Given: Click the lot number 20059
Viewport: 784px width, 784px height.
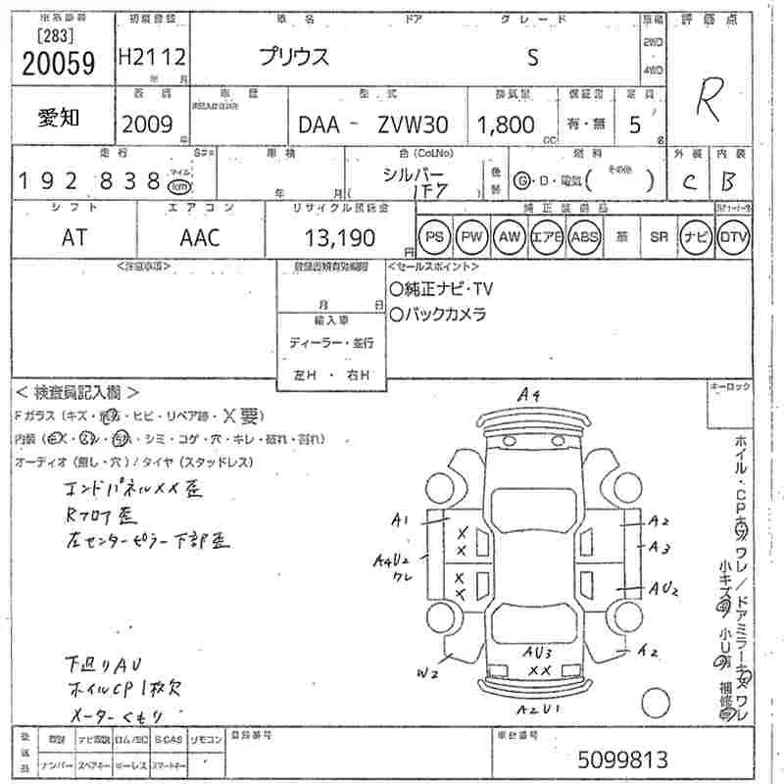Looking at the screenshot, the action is [58, 64].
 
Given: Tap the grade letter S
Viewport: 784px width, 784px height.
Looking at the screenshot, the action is [532, 58].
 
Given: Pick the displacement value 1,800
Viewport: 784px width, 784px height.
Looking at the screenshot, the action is [506, 125].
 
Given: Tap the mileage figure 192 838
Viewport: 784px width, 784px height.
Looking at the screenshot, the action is [89, 180].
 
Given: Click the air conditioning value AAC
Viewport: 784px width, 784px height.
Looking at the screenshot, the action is [200, 236].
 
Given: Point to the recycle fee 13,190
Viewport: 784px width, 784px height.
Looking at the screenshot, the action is [334, 236].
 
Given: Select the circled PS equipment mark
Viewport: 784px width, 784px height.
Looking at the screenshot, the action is [435, 236].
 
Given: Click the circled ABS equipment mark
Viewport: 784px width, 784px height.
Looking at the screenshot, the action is [585, 236].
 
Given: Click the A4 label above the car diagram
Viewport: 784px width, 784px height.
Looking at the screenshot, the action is [530, 395].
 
